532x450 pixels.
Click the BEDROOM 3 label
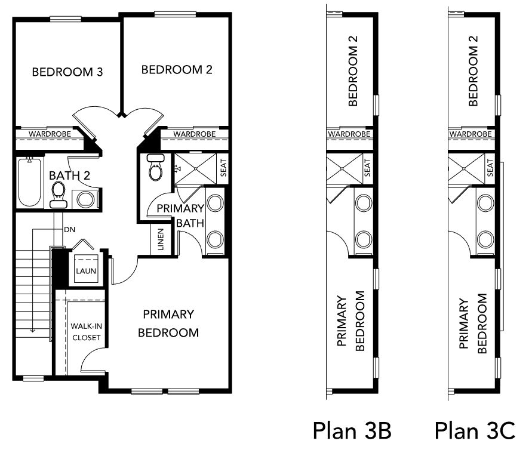pos(67,72)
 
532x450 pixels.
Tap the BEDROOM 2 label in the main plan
pos(177,69)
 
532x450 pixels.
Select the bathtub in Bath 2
pos(29,182)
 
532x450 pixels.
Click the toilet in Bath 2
pos(59,195)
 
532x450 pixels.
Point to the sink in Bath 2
pos(85,199)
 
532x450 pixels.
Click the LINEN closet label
pos(161,239)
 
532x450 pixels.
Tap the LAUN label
pos(86,271)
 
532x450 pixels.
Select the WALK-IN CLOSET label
pos(86,332)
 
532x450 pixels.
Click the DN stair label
pos(69,230)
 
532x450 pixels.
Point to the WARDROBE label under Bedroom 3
pos(50,134)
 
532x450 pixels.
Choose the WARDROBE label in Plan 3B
pos(349,134)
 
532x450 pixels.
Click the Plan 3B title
pos(352,430)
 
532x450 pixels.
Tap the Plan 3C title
pos(475,430)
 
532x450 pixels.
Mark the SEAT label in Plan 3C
pos(490,168)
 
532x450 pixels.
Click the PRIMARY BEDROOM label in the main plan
pos(168,323)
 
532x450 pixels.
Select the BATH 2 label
pos(69,175)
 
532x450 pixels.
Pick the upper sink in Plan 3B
pos(364,203)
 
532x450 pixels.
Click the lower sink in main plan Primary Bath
pos(215,239)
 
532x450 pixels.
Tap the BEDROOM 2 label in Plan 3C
pos(473,71)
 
